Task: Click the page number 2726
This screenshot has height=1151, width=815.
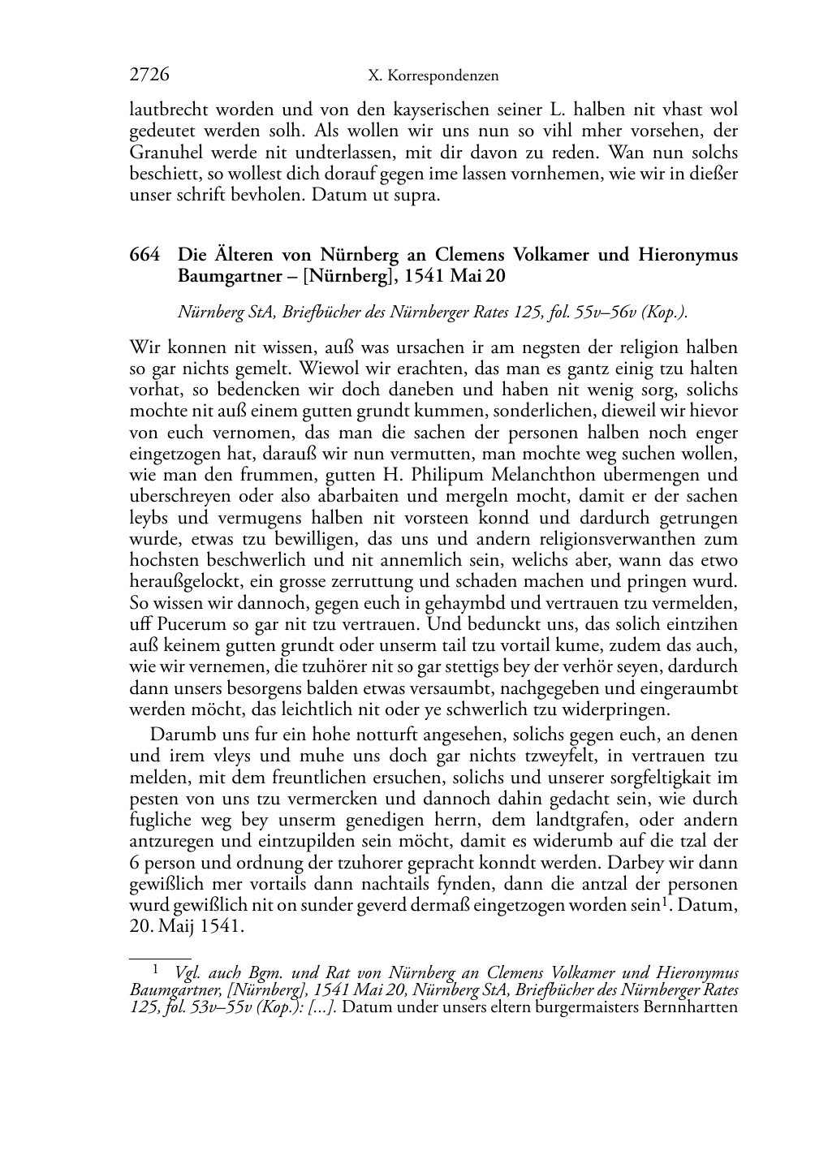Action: [149, 75]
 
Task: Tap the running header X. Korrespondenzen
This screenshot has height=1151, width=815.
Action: [433, 76]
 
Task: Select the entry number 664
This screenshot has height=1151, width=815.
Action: [144, 255]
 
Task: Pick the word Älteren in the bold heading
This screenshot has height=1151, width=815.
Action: [246, 255]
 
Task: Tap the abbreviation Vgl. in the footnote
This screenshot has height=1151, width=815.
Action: [186, 972]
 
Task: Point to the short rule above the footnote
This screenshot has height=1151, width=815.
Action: [161, 959]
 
